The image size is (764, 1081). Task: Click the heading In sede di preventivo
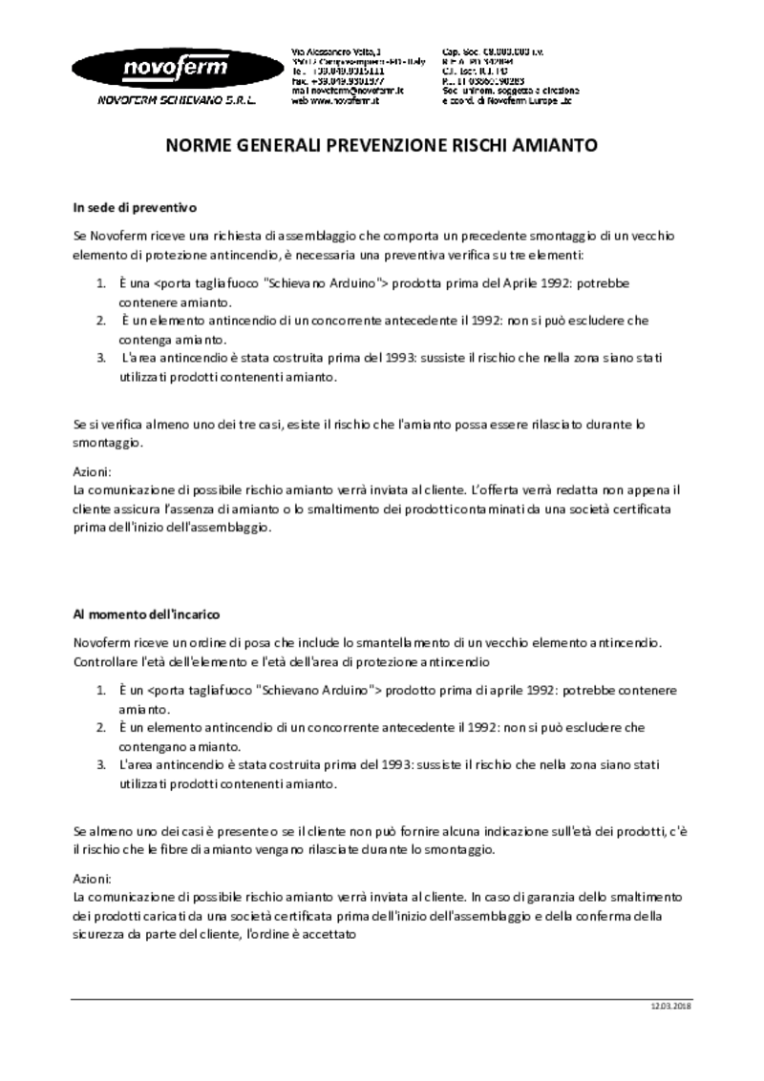pyautogui.click(x=135, y=206)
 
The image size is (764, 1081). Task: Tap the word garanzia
pyautogui.click(x=556, y=898)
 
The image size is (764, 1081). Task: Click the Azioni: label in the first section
pyautogui.click(x=93, y=472)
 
